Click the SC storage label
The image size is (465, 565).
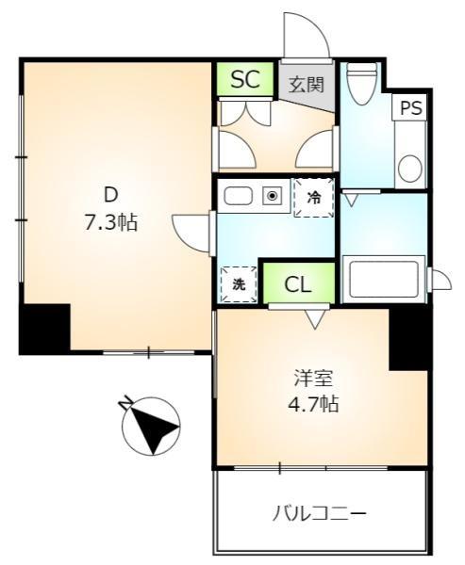(246, 80)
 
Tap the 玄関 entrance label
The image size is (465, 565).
(307, 84)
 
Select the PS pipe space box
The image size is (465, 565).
(410, 108)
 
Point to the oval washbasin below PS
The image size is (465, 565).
(409, 169)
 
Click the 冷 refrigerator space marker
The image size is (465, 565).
(313, 199)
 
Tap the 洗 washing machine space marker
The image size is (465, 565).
(238, 283)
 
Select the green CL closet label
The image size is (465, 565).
(297, 282)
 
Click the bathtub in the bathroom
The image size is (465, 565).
(383, 279)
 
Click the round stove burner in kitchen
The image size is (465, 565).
(273, 197)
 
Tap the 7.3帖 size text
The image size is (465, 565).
(110, 223)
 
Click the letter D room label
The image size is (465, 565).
(110, 196)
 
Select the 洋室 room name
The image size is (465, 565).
(311, 379)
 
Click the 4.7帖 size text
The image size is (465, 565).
(311, 406)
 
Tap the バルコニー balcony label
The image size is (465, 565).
(320, 513)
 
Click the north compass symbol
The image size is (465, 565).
(150, 426)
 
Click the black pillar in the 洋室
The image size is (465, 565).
(409, 337)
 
